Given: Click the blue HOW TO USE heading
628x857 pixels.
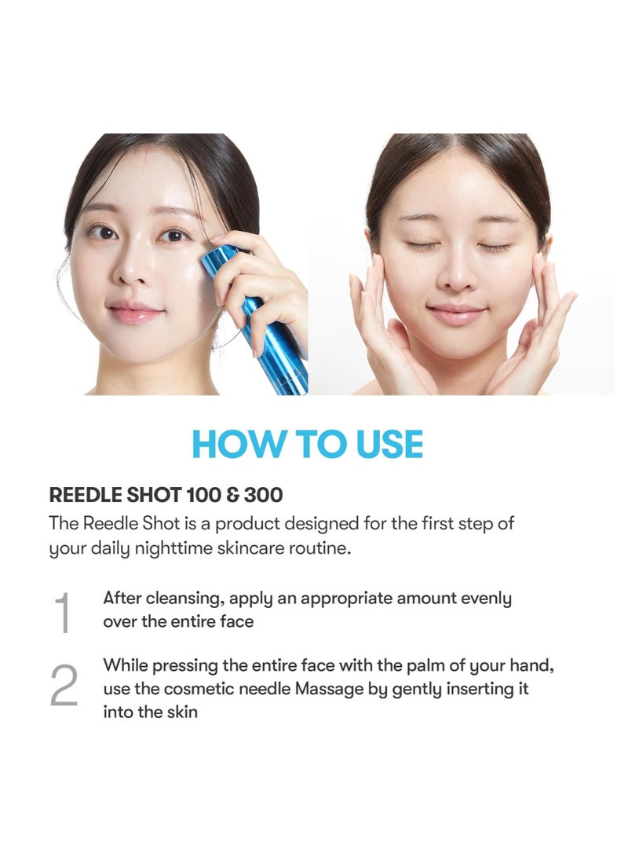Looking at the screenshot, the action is click(308, 444).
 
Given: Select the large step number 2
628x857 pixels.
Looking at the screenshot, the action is click(64, 686).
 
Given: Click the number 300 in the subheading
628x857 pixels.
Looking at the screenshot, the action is click(263, 495).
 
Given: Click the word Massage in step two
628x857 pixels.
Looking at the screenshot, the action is click(329, 689).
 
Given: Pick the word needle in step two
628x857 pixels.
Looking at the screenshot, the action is click(266, 689).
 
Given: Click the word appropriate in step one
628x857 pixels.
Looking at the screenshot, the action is click(346, 599).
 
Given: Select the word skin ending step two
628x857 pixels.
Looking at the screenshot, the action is click(183, 712).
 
